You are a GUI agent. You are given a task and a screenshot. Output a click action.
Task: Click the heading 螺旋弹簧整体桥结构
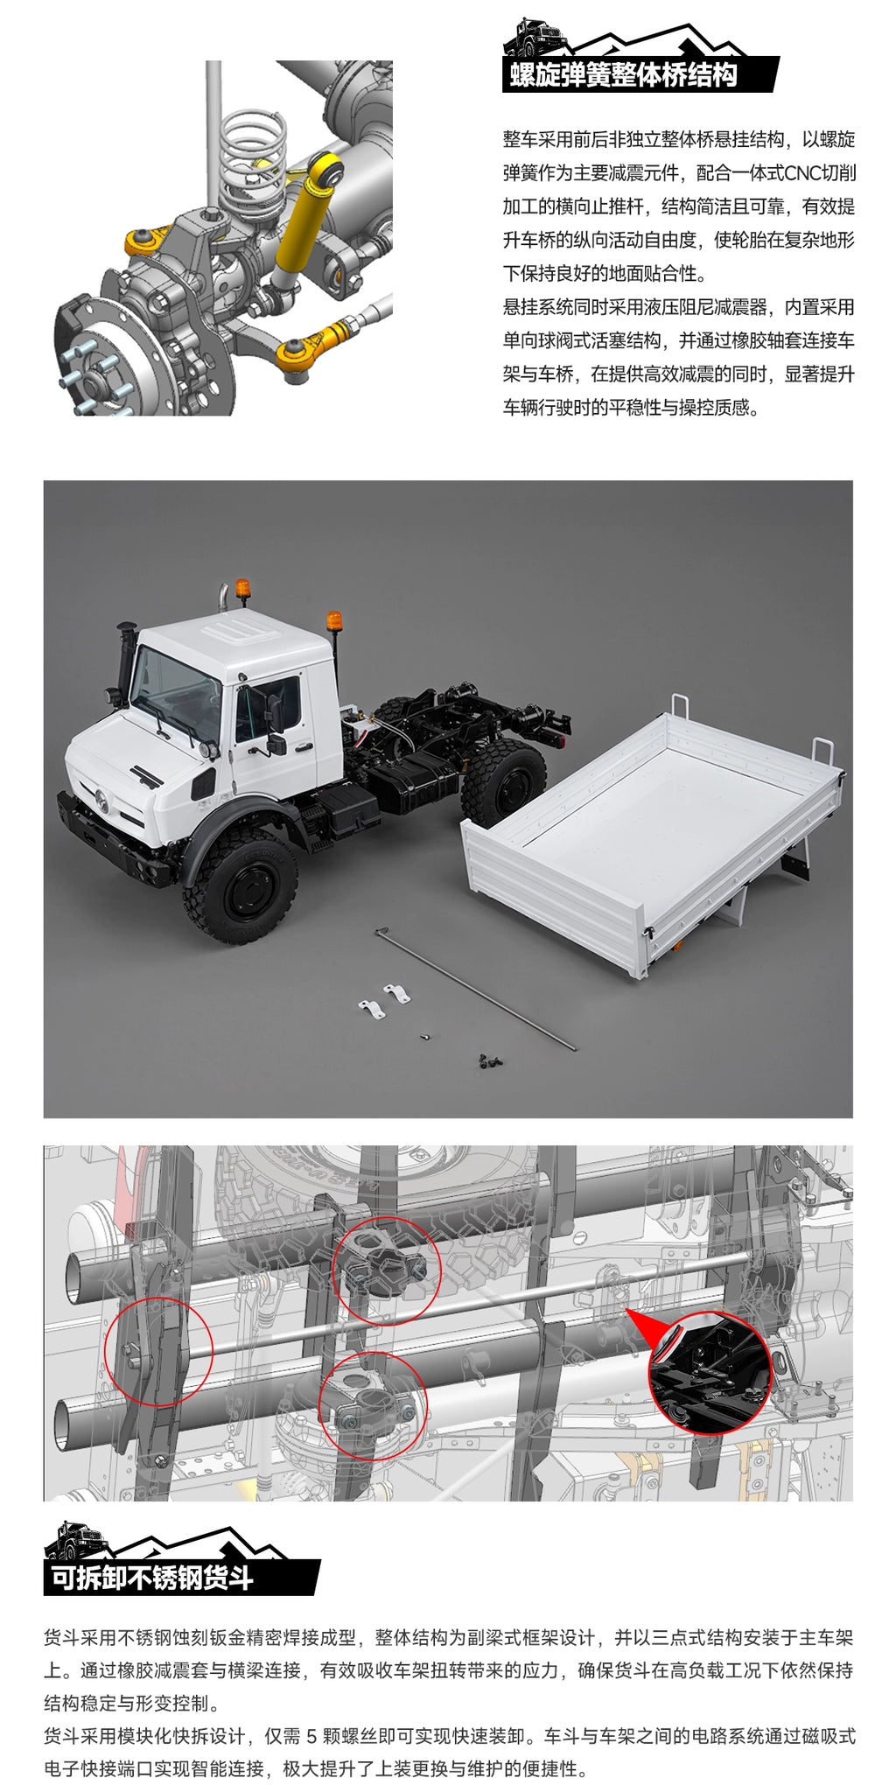coord(623,75)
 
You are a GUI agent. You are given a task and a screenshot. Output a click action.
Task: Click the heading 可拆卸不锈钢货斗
coord(152,1577)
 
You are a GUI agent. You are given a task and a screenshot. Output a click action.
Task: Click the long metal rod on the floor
coord(476,988)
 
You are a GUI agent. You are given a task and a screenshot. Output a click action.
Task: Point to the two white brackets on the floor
coord(385,1001)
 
